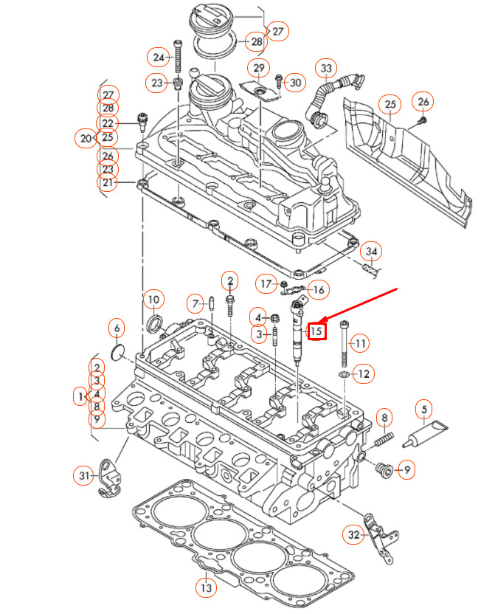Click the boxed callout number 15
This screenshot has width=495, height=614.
point(316,331)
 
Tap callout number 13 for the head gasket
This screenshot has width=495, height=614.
point(206,588)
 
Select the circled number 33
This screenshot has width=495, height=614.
point(325,70)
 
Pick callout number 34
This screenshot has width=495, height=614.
point(372,252)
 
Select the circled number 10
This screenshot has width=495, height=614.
point(153,300)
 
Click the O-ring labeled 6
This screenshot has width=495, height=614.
point(117,352)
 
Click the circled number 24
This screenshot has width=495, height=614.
point(159,56)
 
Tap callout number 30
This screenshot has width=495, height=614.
point(295,83)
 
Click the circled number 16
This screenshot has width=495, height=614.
point(317,289)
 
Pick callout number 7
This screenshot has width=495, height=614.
point(195,303)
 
